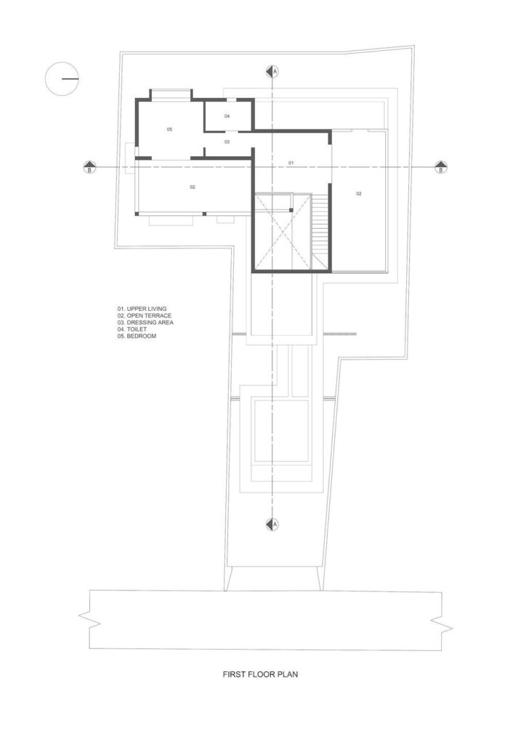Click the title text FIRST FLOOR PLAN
(260, 674)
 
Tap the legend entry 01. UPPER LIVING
(142, 309)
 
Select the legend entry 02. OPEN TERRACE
(145, 315)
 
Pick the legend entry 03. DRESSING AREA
(145, 322)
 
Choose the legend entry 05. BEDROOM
(137, 336)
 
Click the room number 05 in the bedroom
(169, 129)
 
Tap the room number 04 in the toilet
(227, 116)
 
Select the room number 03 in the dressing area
(227, 142)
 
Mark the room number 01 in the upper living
(291, 163)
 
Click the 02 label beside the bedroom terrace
(193, 187)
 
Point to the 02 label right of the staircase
(359, 193)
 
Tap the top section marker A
(272, 70)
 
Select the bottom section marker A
(272, 524)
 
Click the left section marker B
(89, 167)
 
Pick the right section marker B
(440, 167)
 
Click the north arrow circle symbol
(62, 78)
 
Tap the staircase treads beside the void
(320, 227)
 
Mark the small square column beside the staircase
(291, 210)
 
